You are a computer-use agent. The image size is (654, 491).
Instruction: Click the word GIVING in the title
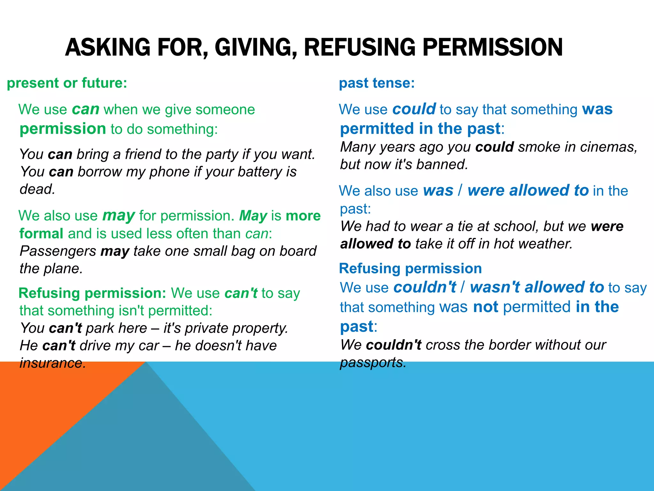254,47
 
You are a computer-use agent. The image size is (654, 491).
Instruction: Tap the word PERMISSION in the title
493,47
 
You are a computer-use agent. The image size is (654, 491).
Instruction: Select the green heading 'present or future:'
67,83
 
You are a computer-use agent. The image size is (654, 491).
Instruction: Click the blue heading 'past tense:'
377,83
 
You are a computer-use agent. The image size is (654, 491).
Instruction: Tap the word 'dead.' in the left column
37,189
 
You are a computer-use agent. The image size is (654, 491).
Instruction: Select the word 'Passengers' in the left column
58,251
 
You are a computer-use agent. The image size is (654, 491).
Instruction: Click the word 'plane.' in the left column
67,269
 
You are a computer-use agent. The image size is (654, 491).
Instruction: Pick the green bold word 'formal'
41,234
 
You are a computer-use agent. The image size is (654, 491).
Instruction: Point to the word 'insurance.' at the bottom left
53,363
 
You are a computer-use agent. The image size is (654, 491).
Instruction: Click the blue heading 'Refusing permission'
410,269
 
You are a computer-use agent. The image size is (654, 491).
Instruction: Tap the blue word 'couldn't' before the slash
425,287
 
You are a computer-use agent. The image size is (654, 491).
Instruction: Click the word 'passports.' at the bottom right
373,362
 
